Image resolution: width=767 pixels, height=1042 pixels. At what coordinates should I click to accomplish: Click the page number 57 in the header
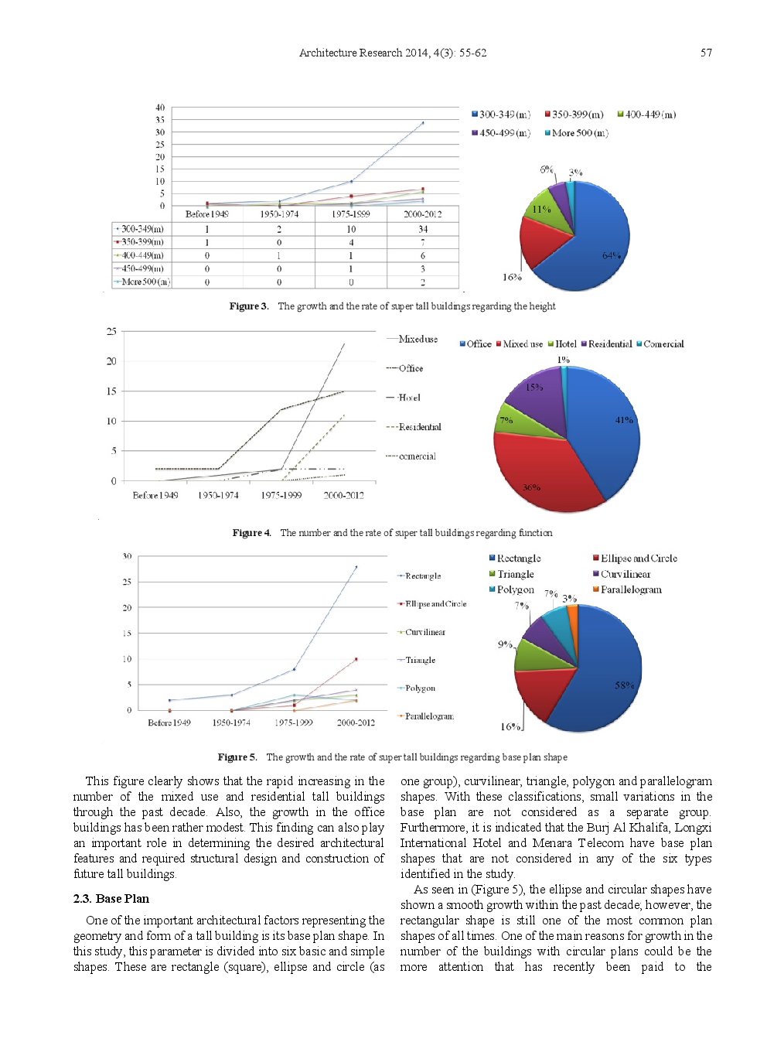(x=706, y=53)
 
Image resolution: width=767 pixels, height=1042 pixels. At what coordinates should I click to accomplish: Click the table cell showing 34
(x=422, y=229)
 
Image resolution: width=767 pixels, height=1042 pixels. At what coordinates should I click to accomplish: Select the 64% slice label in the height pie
(x=611, y=255)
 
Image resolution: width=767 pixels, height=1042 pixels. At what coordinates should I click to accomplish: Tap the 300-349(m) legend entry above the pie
(x=501, y=114)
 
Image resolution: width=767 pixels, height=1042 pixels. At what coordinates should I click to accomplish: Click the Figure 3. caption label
(x=249, y=306)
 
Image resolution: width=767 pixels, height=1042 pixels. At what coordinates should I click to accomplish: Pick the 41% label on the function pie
(x=624, y=420)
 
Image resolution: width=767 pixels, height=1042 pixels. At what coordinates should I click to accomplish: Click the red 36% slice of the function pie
(x=541, y=472)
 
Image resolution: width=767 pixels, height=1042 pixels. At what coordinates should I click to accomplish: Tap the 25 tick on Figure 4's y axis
(x=111, y=331)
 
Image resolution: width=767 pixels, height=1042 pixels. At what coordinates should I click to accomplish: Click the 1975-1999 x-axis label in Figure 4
(x=281, y=495)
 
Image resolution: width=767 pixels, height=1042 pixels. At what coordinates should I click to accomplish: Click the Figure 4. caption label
(x=252, y=533)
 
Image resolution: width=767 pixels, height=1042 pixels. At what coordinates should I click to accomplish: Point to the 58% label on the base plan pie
(x=624, y=685)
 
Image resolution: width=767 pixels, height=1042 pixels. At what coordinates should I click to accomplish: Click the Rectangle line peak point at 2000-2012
(x=356, y=567)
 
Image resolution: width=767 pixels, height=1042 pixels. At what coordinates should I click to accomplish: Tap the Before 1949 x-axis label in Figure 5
(x=169, y=723)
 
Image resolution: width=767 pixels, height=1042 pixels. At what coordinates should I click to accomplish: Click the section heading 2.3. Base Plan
(x=111, y=899)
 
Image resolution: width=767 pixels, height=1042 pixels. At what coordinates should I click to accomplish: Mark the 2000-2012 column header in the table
(x=422, y=214)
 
